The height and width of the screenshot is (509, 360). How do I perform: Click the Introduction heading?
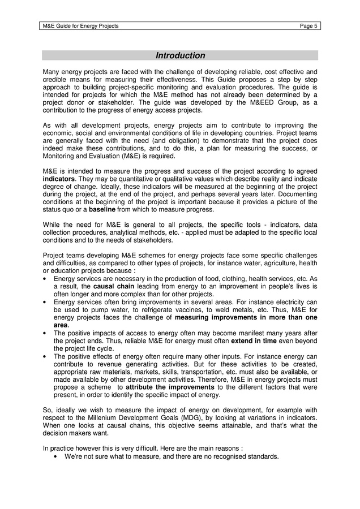tap(180, 55)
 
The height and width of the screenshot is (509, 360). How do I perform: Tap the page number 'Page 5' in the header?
tap(308, 26)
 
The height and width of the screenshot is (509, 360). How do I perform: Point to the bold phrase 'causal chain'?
tap(113, 287)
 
